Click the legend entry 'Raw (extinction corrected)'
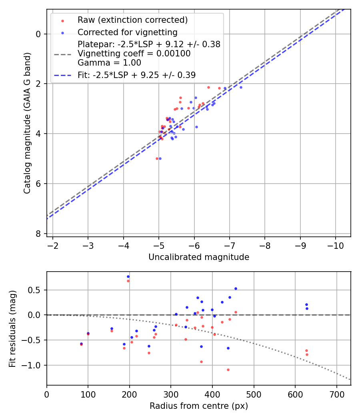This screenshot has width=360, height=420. click(x=132, y=20)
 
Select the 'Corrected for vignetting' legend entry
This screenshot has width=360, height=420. click(x=127, y=32)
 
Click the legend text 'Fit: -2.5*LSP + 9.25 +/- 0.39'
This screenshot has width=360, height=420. click(x=136, y=75)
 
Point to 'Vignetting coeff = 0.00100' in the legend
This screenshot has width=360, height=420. click(x=134, y=54)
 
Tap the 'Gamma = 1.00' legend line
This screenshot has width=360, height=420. click(x=109, y=62)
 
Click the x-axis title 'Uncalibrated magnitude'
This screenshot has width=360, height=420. click(x=199, y=257)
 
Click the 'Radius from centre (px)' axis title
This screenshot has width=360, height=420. click(x=199, y=406)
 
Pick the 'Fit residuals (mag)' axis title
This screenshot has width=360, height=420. click(x=13, y=328)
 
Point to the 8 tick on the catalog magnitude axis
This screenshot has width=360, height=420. click(x=39, y=234)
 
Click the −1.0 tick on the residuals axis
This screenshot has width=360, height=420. click(x=34, y=365)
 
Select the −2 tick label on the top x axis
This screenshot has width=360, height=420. click(x=53, y=245)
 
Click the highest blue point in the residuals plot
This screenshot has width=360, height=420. click(x=128, y=276)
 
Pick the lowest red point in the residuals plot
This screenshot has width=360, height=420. click(x=228, y=370)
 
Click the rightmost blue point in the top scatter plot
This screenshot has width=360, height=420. click(x=241, y=87)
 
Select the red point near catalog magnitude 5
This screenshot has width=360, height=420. click(x=157, y=158)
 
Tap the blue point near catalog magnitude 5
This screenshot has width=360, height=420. click(x=160, y=158)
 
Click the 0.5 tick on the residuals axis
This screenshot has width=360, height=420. click(x=37, y=290)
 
